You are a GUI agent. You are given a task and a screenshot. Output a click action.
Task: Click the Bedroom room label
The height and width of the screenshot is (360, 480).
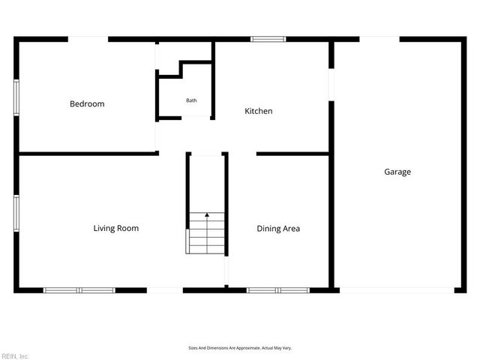[87, 104]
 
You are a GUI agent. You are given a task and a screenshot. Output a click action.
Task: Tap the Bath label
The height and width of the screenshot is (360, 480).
[192, 100]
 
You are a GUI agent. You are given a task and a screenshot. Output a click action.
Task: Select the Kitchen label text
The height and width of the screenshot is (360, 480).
[259, 111]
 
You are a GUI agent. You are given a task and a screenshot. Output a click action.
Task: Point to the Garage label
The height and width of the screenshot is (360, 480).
[397, 172]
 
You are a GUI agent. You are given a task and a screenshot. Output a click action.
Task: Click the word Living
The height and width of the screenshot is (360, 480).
[104, 228]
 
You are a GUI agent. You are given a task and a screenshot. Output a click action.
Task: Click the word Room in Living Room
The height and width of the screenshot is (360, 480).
[128, 228]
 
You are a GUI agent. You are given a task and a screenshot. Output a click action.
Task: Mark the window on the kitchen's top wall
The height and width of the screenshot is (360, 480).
[263, 39]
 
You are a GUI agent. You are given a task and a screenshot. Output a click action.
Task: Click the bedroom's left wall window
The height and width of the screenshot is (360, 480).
[16, 97]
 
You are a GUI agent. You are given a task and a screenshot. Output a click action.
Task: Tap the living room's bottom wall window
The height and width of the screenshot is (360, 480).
[79, 290]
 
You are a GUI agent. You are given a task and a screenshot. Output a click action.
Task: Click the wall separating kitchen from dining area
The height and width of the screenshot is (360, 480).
[292, 154]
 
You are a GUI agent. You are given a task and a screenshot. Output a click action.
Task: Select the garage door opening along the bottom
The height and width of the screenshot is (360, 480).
[396, 290]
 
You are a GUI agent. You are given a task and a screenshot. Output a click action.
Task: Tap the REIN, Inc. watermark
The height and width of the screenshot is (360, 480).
[15, 355]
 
